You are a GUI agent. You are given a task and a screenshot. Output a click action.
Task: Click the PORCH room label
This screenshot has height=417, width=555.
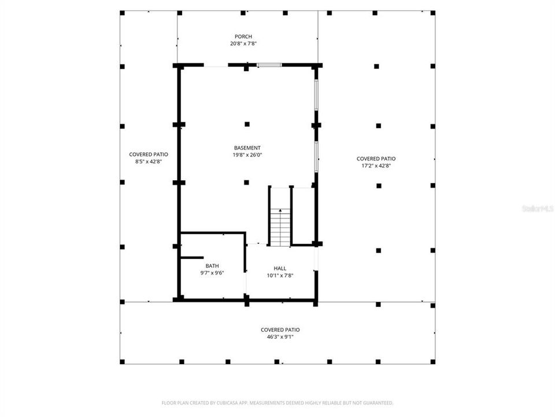(x=243, y=36)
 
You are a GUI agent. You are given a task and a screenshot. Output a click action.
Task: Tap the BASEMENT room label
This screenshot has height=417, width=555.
(x=247, y=148)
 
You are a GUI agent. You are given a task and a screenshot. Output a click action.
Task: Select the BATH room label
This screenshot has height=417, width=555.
(x=212, y=266)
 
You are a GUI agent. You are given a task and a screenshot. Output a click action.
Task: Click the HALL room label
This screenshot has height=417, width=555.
(x=280, y=268)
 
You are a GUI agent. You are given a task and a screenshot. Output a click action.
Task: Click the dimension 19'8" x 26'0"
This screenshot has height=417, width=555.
(x=247, y=155)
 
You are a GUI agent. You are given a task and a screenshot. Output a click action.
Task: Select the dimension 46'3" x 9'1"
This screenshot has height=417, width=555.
(x=280, y=337)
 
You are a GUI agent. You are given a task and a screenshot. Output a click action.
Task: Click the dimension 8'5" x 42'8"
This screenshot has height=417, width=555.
(x=149, y=162)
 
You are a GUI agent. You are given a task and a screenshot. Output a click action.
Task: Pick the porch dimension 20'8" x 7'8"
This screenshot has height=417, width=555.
(x=243, y=44)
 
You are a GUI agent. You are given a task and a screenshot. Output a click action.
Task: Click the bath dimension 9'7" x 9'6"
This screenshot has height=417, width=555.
(x=212, y=273)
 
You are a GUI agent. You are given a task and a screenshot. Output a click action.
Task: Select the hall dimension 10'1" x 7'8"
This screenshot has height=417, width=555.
(x=280, y=276)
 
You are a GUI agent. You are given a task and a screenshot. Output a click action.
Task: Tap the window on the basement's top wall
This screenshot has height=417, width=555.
(x=269, y=65)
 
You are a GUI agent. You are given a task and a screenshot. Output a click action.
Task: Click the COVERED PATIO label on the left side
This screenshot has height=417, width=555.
(x=149, y=155)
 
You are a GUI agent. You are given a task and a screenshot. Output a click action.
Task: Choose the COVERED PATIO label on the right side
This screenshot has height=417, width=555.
(x=376, y=159)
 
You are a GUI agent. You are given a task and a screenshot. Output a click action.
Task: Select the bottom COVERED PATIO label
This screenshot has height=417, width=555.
(x=280, y=330)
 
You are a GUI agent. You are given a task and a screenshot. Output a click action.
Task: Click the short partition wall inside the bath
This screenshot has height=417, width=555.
(x=192, y=257)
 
